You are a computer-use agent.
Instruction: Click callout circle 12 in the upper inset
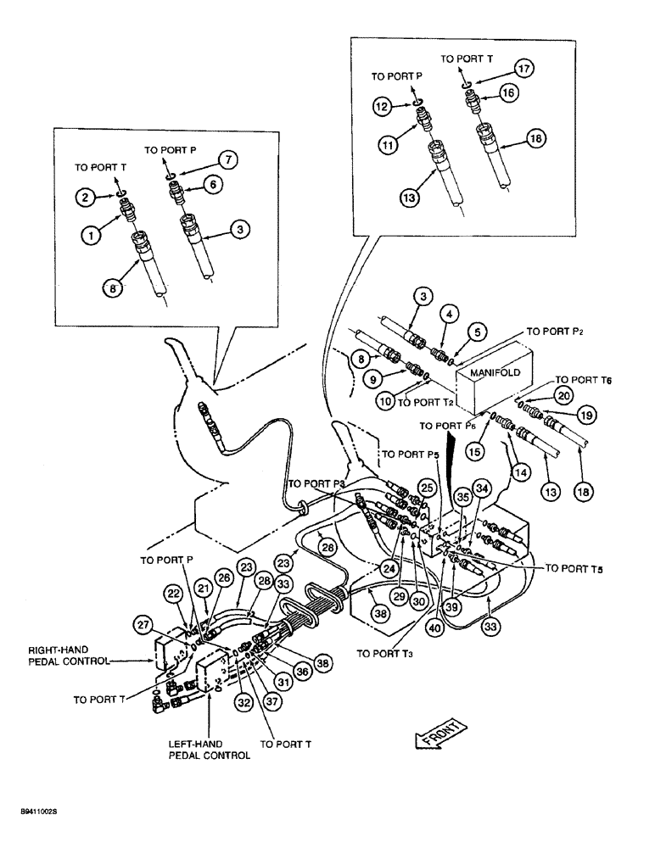tap(383, 106)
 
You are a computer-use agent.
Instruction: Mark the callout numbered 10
tap(386, 402)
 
